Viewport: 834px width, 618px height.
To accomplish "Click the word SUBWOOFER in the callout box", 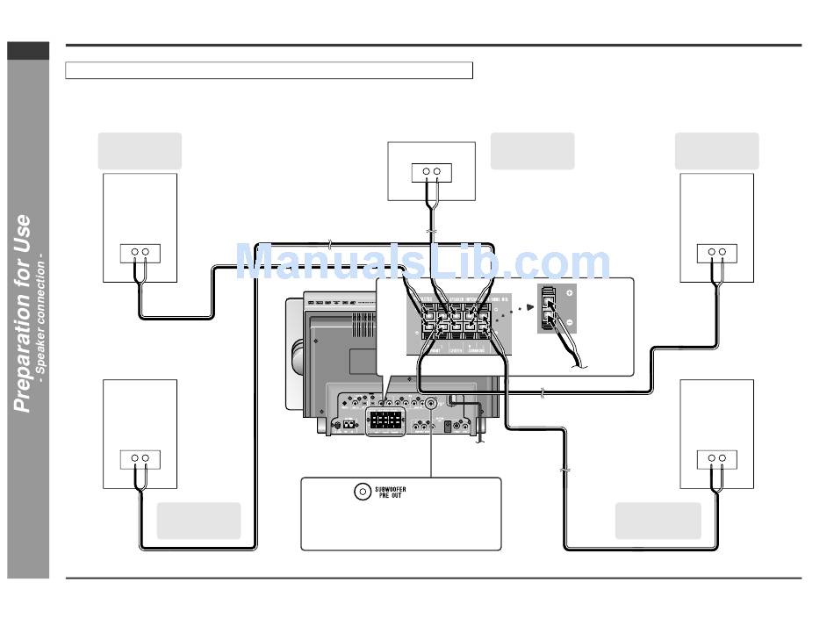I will (391, 488).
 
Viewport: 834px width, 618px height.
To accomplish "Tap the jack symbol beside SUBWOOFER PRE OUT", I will (362, 492).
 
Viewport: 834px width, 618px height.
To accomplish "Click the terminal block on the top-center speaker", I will (431, 172).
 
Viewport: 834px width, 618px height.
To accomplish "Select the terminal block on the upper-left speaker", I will (140, 253).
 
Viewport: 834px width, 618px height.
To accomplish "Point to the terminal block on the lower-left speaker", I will (140, 458).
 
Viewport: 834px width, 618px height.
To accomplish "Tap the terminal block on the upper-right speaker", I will (716, 253).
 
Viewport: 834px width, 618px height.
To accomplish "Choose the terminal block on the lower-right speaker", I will (716, 458).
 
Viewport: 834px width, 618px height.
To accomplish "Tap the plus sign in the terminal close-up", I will (570, 292).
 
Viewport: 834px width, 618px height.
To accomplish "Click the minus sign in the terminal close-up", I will (570, 322).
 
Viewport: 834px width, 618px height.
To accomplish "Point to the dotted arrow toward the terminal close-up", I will (520, 309).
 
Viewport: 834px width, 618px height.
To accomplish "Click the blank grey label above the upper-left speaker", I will (140, 151).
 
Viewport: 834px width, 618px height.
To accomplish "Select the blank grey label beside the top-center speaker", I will (532, 151).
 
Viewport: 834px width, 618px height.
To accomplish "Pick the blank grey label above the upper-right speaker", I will (716, 151).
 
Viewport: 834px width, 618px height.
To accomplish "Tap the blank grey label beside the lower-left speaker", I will (198, 521).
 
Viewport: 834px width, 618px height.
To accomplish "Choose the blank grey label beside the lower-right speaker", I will (658, 521).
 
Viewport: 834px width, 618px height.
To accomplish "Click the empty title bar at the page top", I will (269, 70).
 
